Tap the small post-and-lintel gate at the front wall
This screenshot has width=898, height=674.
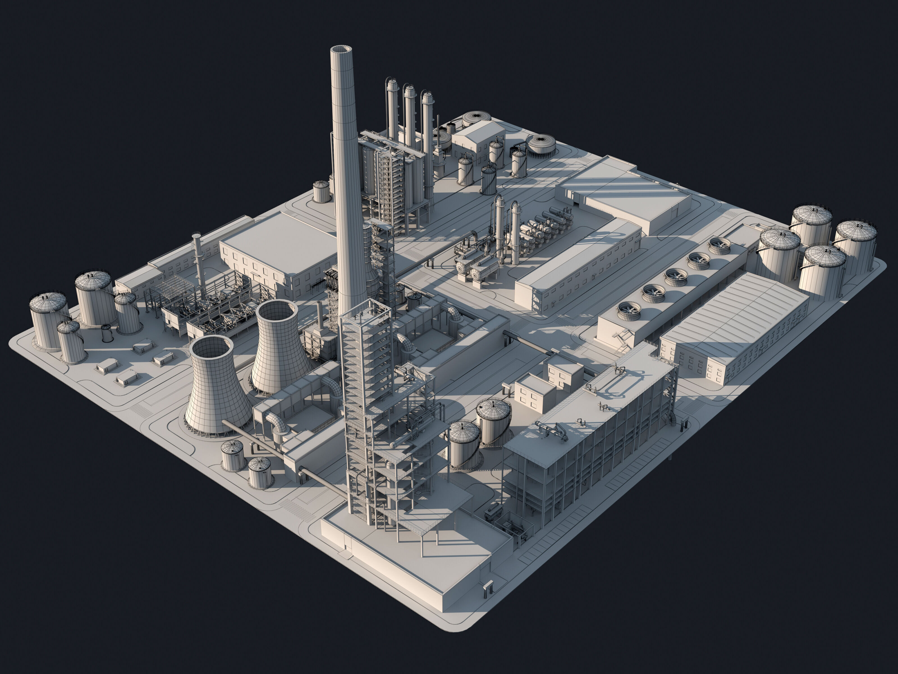coord(487,588)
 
